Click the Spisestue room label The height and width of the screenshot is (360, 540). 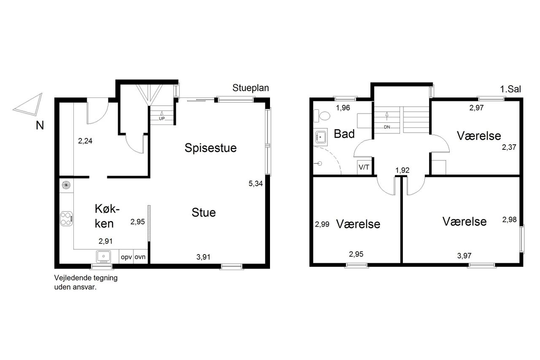211,148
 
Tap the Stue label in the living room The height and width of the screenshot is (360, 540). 204,212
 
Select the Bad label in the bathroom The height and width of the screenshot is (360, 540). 344,134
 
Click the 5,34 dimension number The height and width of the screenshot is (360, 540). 256,184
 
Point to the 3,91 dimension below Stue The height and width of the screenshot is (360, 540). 203,257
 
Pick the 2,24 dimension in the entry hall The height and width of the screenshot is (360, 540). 85,141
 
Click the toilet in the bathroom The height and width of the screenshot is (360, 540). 321,116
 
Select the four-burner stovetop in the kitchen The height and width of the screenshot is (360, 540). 66,219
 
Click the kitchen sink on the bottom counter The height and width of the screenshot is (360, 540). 103,256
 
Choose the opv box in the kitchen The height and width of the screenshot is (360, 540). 126,256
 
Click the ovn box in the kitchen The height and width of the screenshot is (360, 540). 140,256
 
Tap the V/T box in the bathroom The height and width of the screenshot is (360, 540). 364,167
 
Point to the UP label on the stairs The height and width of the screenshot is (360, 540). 162,119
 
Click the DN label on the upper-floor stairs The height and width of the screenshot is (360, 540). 387,127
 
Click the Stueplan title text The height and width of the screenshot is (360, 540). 251,88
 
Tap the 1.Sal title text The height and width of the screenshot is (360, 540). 510,89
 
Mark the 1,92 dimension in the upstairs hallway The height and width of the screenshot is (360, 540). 402,170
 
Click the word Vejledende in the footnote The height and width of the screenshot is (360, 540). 70,278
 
